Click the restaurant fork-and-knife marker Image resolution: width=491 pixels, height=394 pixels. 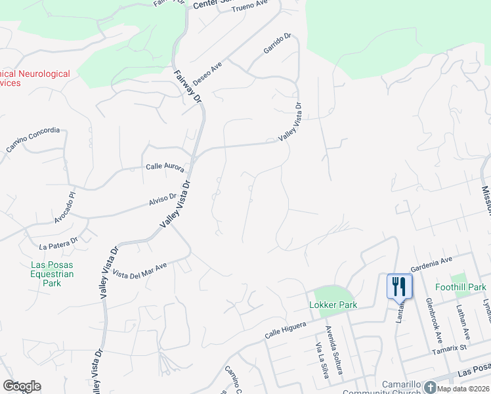pos(399,286)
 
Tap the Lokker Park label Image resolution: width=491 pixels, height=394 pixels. pos(333,305)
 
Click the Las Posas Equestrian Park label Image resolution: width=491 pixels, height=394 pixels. pos(52,274)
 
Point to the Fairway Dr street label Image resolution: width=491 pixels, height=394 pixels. pos(188,86)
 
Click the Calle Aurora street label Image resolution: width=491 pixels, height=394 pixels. pos(165,168)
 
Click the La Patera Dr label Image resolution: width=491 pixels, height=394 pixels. pos(58,246)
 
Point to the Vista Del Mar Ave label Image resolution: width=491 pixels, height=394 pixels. pos(140,270)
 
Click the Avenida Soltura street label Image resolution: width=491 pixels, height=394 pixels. pos(335,350)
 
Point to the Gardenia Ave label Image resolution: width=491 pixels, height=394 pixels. pos(431,265)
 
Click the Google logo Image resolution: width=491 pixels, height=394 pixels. pos(22,386)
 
